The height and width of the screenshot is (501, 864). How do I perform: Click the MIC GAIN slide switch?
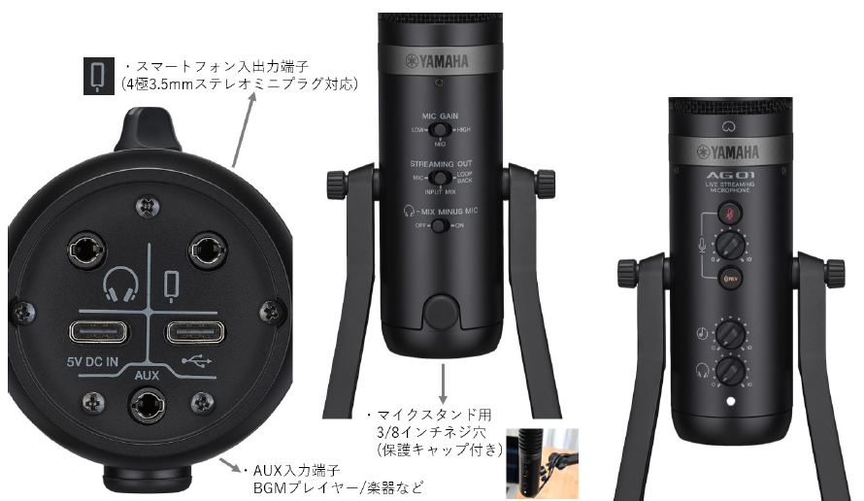(440, 129)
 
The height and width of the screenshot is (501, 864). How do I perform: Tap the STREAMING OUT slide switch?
(440, 179)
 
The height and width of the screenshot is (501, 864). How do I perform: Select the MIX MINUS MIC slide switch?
(440, 225)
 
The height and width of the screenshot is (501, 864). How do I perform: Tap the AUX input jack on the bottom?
(149, 402)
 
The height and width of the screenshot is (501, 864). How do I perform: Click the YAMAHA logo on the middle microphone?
(443, 63)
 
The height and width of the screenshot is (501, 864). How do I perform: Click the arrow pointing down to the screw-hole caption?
(443, 381)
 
